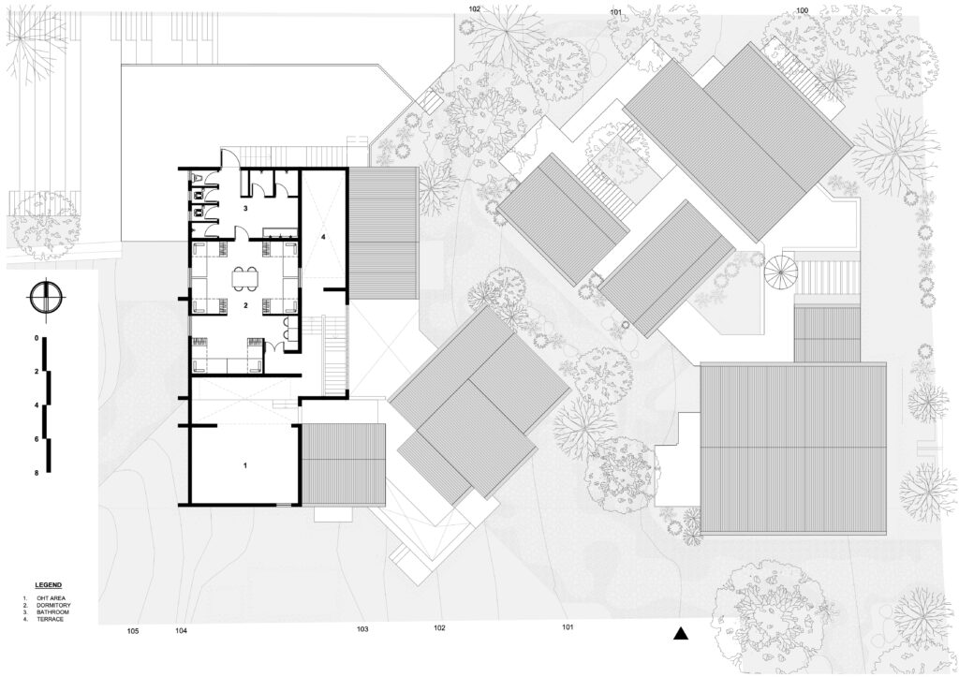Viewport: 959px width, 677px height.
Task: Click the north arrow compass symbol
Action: click(46, 297)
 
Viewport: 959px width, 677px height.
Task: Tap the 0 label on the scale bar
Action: click(37, 338)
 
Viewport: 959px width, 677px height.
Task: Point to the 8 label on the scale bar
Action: click(37, 474)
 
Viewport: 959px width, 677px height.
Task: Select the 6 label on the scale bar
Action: click(37, 439)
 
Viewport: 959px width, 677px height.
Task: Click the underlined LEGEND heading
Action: click(49, 586)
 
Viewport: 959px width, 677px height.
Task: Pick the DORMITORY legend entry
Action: click(53, 605)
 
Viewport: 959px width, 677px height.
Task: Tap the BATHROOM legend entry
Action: click(52, 612)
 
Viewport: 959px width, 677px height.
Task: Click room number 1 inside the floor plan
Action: click(245, 465)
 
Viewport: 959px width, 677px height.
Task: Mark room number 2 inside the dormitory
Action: click(245, 305)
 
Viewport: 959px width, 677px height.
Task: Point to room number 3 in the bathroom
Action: click(245, 209)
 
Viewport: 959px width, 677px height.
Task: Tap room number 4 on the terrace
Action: click(323, 235)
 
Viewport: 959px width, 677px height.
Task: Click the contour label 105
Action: click(133, 630)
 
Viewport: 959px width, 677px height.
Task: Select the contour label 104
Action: click(181, 630)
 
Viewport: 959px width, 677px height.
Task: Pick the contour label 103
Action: click(362, 629)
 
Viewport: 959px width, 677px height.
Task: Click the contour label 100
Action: click(803, 10)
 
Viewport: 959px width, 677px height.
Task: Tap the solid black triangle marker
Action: click(681, 634)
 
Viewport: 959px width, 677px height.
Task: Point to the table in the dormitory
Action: click(245, 278)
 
